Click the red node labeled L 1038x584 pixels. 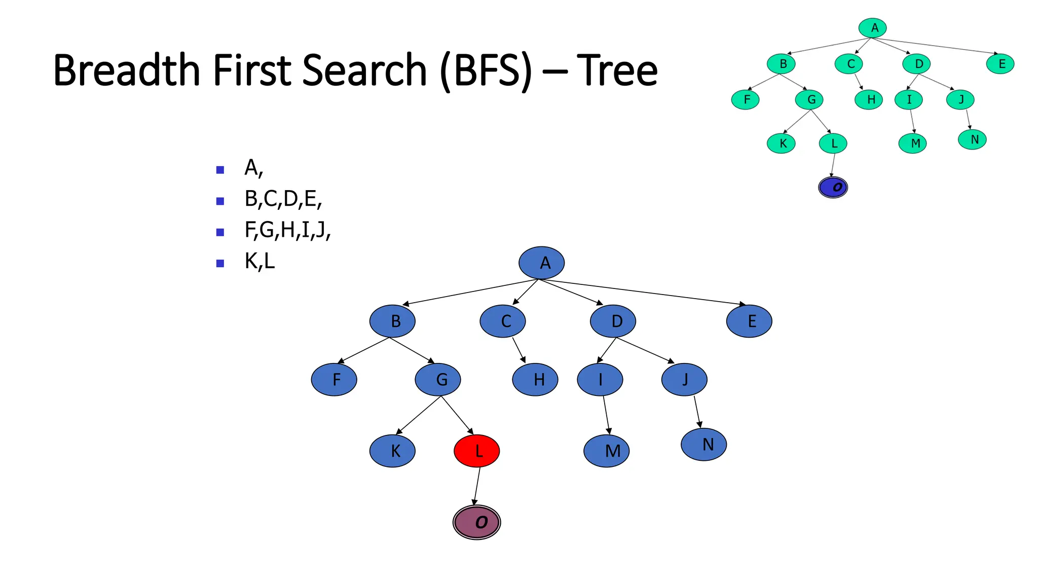tap(476, 451)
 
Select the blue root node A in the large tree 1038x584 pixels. tap(541, 263)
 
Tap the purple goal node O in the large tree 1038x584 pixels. tap(476, 522)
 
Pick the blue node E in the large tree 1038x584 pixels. tap(749, 321)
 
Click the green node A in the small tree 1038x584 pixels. tap(872, 28)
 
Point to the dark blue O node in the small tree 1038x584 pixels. tap(833, 187)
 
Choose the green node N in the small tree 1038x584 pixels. tap(972, 139)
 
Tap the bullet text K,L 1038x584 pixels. tap(259, 262)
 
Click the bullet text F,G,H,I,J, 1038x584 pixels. tap(287, 230)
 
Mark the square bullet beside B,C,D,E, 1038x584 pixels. tap(220, 201)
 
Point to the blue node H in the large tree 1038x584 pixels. tap(535, 379)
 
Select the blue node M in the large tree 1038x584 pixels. tap(607, 451)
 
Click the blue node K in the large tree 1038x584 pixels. tap(392, 451)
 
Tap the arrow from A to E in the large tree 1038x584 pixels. tap(644, 292)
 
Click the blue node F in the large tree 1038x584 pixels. tap(334, 379)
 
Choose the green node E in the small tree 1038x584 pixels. tap(1000, 64)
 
